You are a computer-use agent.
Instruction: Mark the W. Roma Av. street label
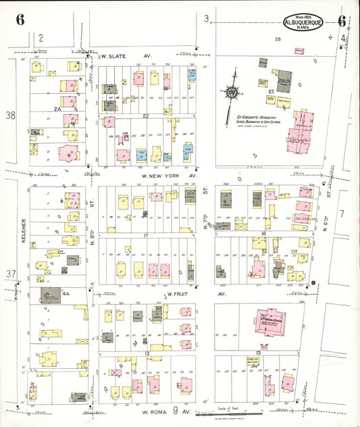[161, 410]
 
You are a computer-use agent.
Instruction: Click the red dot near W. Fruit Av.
[313, 282]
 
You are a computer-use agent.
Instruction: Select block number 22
[145, 116]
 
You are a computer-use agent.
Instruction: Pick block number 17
[145, 234]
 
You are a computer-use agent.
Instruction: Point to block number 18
[263, 234]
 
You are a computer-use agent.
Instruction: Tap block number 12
[146, 353]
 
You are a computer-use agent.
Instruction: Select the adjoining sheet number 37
[10, 274]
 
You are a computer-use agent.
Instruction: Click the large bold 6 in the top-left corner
[20, 19]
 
